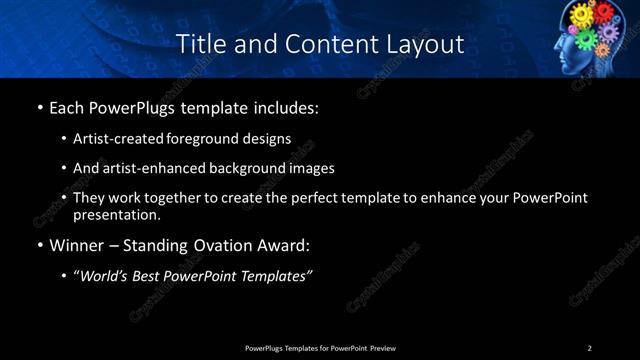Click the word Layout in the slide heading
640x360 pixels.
pos(423,44)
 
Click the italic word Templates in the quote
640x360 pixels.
pos(277,277)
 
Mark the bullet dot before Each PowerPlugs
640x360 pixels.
pos(39,106)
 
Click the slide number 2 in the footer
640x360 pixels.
pos(590,348)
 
